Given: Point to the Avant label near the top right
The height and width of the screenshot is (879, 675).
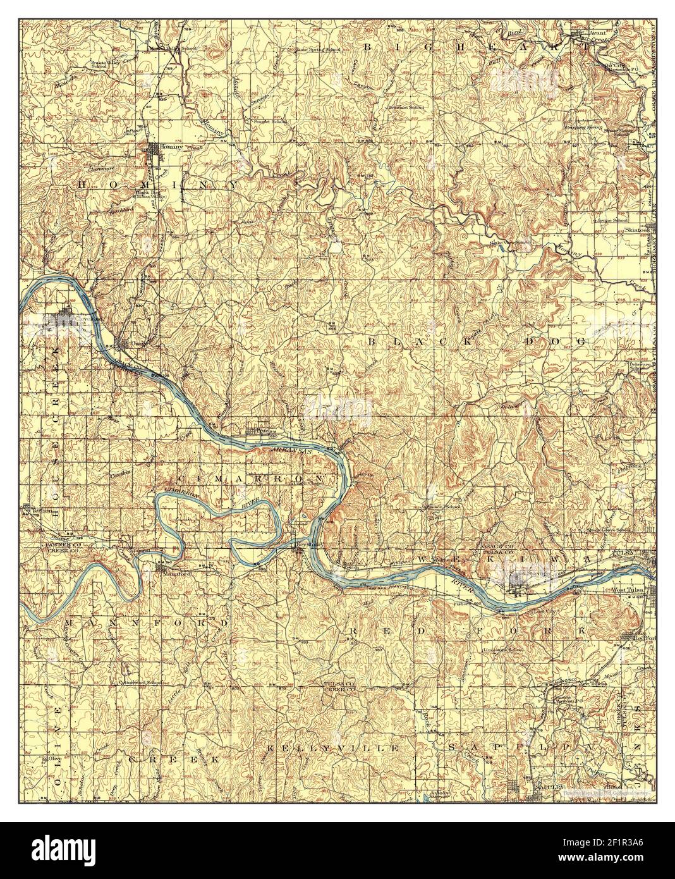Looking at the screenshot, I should pyautogui.click(x=597, y=32).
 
